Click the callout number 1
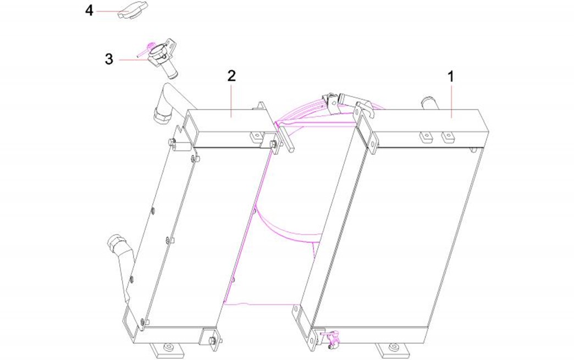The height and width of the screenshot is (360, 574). (451, 76)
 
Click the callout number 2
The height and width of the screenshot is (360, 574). (231, 76)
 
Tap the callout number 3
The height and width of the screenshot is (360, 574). (109, 59)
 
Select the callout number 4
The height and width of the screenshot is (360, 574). (89, 10)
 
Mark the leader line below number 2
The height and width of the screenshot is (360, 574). (231, 100)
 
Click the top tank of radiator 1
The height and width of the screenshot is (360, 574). (424, 128)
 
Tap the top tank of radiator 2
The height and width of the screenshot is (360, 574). (230, 128)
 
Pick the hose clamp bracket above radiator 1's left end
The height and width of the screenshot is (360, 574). (332, 103)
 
